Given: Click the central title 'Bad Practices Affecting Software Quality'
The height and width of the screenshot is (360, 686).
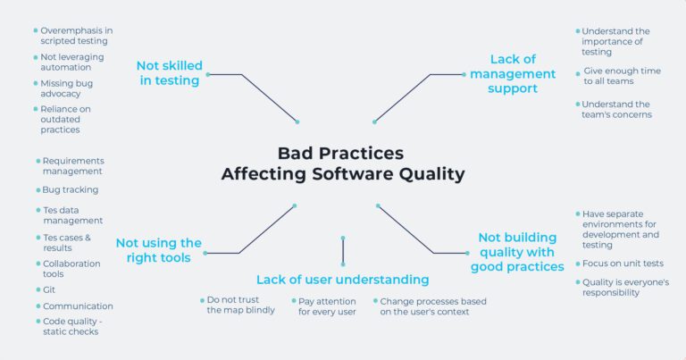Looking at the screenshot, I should click(343, 163).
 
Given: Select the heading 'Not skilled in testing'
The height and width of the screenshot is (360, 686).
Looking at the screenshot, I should click(169, 73).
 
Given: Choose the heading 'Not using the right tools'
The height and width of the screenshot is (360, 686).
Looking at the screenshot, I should click(158, 250).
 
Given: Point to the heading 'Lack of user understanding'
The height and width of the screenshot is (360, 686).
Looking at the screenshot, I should click(342, 280).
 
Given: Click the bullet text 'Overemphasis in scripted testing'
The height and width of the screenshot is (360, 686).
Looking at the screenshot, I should click(77, 36).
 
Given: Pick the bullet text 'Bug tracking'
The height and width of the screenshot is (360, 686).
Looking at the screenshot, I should click(70, 189).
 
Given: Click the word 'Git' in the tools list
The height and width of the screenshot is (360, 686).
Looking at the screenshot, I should click(50, 289).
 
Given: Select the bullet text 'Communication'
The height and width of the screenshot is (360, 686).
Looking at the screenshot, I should click(78, 306).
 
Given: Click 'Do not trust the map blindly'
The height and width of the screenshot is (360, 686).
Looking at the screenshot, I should click(240, 306).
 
